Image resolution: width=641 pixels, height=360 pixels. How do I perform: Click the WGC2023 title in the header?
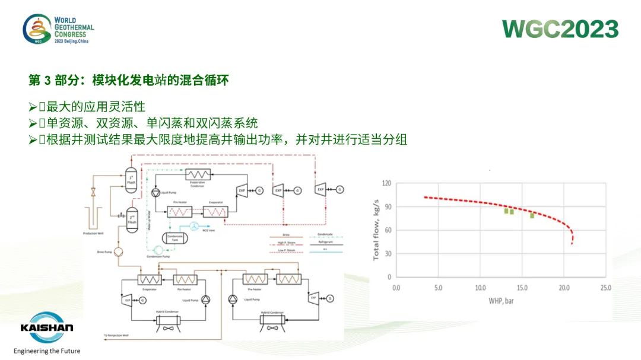pyautogui.click(x=560, y=28)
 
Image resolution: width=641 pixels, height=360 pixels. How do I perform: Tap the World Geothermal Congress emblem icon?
pyautogui.click(x=37, y=29)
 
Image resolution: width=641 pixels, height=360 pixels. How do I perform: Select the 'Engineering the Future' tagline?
pyautogui.click(x=47, y=351)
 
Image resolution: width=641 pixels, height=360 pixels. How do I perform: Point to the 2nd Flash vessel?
pyautogui.click(x=132, y=219)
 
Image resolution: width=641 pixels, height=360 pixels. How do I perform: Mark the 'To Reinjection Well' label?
pyautogui.click(x=116, y=335)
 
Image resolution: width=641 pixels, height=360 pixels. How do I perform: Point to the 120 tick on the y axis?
pyautogui.click(x=388, y=183)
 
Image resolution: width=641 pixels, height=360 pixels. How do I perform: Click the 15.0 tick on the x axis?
pyautogui.click(x=522, y=288)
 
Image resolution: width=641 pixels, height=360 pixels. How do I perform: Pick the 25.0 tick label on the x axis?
pyautogui.click(x=605, y=288)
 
